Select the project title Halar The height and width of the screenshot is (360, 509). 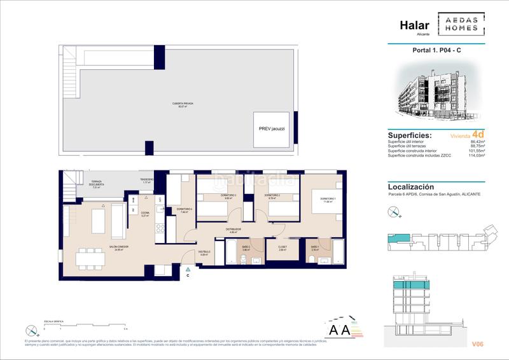pyautogui.click(x=415, y=25)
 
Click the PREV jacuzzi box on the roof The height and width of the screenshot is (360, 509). pyautogui.click(x=270, y=128)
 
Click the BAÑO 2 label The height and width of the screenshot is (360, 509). pyautogui.click(x=245, y=248)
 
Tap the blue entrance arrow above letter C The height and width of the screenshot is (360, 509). pyautogui.click(x=188, y=270)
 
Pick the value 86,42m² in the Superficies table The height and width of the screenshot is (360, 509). pyautogui.click(x=477, y=142)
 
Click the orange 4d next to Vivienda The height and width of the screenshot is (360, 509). pyautogui.click(x=478, y=135)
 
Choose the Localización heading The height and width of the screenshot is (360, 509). pyautogui.click(x=410, y=187)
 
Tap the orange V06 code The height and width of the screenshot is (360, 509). pyautogui.click(x=477, y=344)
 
